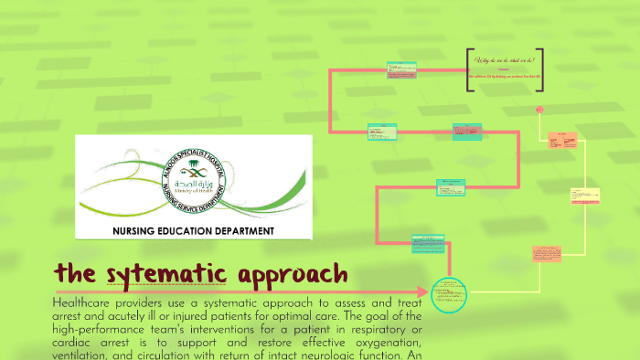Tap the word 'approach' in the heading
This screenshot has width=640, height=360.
(x=293, y=273)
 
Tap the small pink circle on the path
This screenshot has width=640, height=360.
(x=540, y=109)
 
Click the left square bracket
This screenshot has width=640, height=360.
(x=469, y=70)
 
